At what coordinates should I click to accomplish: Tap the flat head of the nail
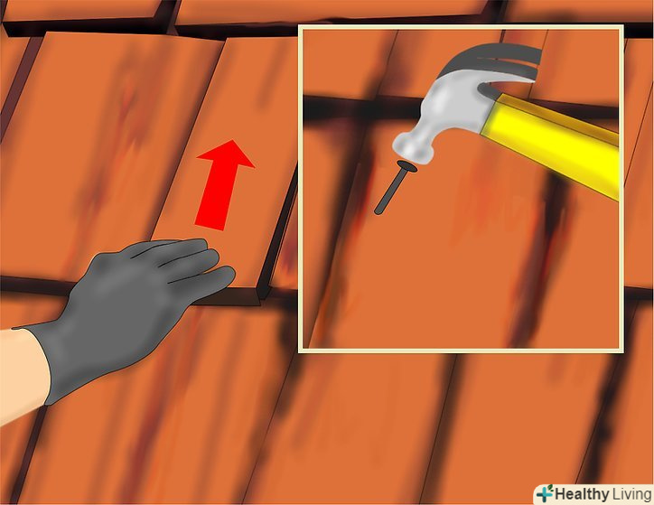pyautogui.click(x=407, y=166)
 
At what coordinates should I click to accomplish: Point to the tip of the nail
pyautogui.click(x=378, y=212)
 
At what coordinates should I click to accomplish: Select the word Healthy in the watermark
pyautogui.click(x=582, y=494)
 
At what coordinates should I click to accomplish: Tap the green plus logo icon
pyautogui.click(x=545, y=493)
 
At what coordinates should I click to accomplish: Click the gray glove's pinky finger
pyautogui.click(x=209, y=284)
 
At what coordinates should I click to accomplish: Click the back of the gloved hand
pyautogui.click(x=113, y=300)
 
